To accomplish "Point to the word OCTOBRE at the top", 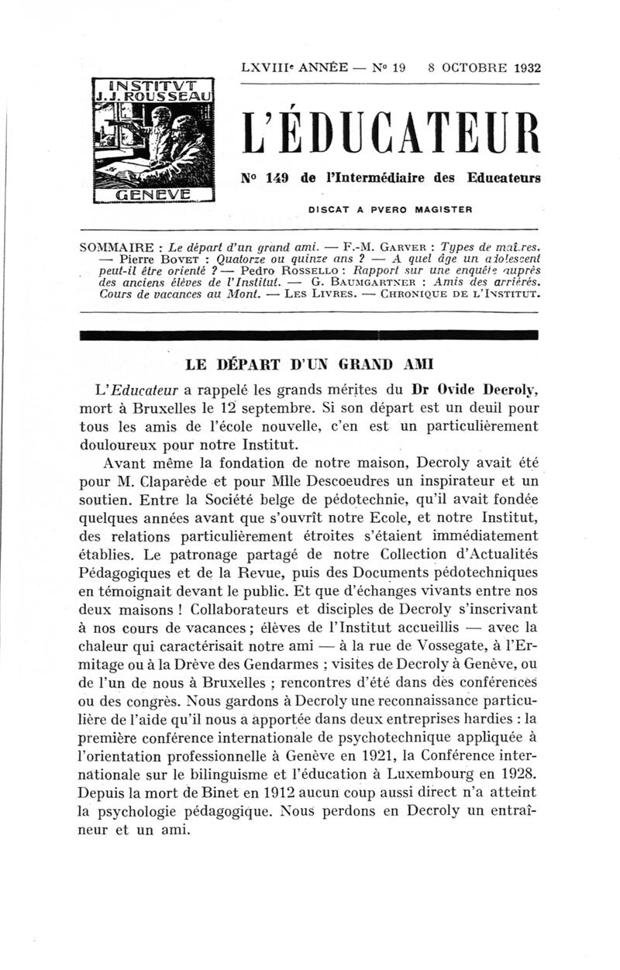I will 463,67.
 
